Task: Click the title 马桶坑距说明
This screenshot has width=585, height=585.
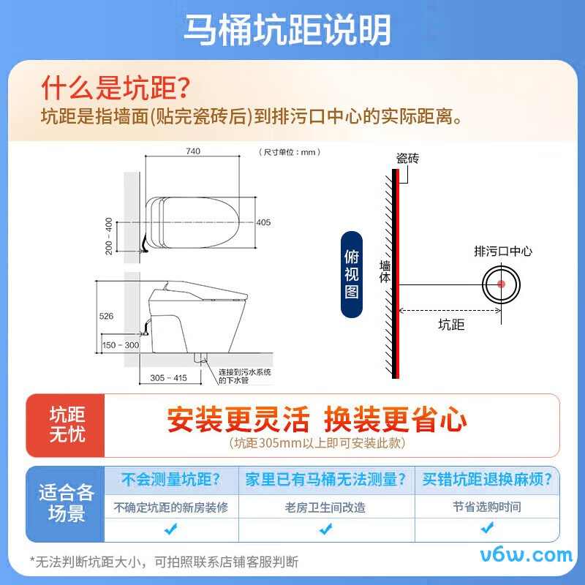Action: click(x=287, y=29)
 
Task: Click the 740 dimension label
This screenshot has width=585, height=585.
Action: click(x=193, y=151)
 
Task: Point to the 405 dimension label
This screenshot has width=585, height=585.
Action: click(x=263, y=222)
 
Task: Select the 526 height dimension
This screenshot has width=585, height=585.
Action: click(x=107, y=316)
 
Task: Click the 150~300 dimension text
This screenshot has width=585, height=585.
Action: click(x=121, y=345)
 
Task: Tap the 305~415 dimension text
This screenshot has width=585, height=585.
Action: click(x=168, y=377)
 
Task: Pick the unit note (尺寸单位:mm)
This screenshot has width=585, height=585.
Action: click(x=290, y=152)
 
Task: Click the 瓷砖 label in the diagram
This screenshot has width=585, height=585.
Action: click(x=407, y=158)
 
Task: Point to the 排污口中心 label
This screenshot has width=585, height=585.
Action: click(x=503, y=251)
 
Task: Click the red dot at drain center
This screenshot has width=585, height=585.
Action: click(x=502, y=284)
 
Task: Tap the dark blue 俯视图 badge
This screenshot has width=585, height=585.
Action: click(x=352, y=273)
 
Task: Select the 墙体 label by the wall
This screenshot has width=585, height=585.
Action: click(x=385, y=271)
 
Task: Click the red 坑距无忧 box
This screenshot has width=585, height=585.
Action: click(x=67, y=424)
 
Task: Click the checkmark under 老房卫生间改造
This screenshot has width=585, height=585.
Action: click(x=325, y=528)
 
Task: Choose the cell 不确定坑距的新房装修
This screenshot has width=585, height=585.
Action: click(x=170, y=507)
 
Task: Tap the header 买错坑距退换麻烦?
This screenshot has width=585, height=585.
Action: click(x=487, y=480)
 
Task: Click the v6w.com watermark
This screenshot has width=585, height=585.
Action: click(x=526, y=554)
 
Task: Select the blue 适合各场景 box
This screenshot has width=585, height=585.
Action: click(x=67, y=502)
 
